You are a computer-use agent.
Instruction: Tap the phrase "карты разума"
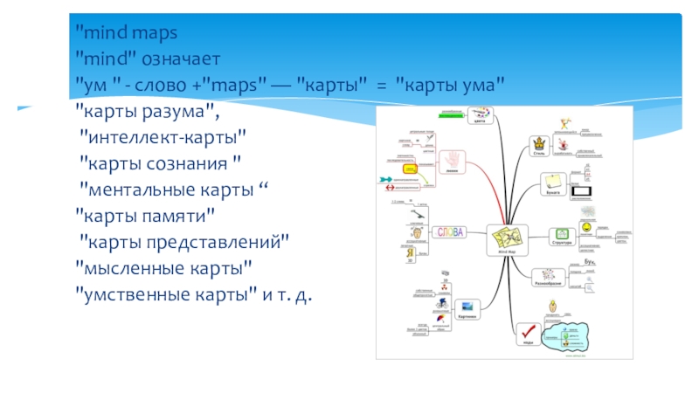tap(143, 110)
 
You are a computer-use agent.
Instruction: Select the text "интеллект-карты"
tap(163, 135)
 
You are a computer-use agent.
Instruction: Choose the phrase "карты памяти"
tap(144, 212)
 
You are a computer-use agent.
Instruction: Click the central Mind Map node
tap(507, 238)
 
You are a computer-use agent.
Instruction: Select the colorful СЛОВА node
tap(449, 232)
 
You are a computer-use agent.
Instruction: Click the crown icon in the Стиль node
tap(540, 142)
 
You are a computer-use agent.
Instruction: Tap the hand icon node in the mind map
tap(452, 160)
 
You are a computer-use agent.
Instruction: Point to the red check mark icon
tap(528, 333)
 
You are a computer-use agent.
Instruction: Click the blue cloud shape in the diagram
tap(570, 336)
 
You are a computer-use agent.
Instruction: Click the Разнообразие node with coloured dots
tap(547, 276)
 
